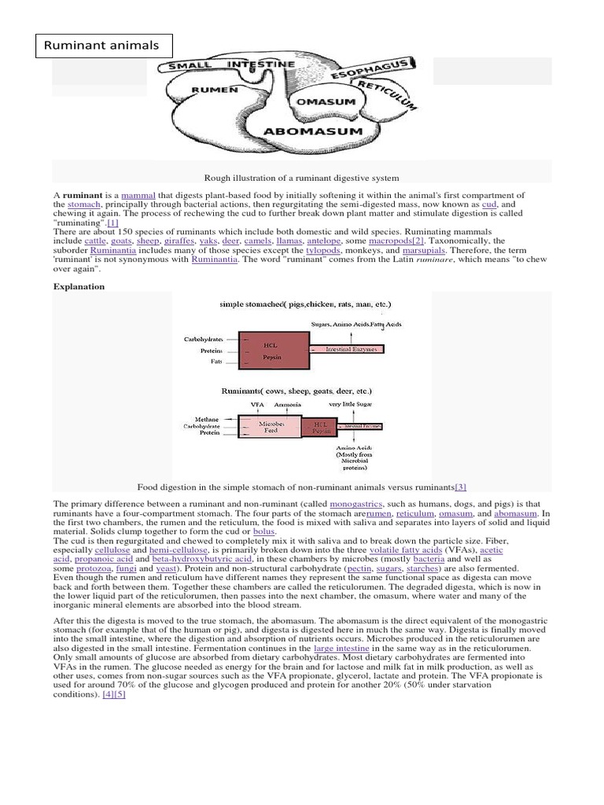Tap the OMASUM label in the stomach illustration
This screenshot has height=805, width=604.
pos(324,102)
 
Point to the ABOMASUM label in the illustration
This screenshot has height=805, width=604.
pos(313,131)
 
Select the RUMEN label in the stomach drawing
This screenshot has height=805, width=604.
pos(214,90)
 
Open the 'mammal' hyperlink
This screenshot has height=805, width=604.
pos(138,194)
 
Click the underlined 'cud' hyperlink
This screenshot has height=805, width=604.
pos(489,204)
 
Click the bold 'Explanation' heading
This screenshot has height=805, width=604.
pos(79,287)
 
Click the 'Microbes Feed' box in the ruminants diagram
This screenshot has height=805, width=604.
pos(271,427)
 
